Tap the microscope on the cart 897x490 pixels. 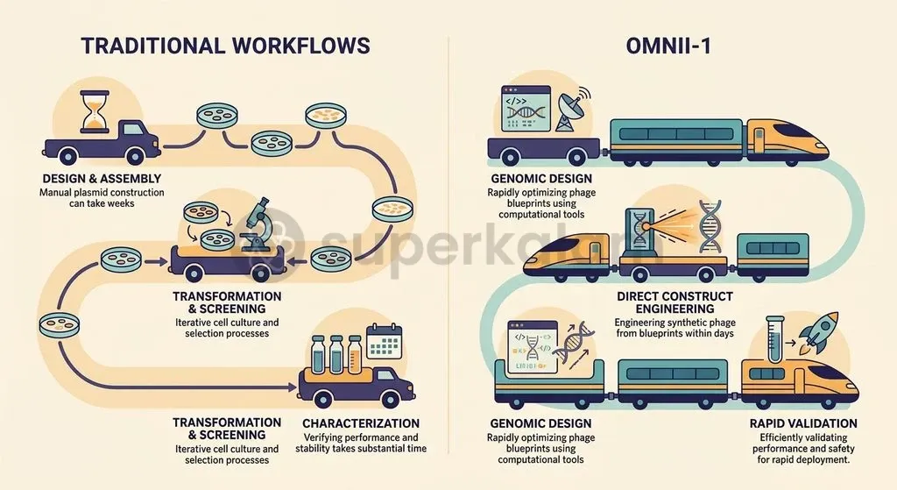256,225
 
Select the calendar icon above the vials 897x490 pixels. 384,342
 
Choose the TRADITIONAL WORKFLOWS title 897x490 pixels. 225,46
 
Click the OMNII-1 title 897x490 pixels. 668,46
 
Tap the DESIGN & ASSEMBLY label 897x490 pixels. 102,179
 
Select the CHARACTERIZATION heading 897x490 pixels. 361,423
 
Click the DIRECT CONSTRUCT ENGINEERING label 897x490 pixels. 675,302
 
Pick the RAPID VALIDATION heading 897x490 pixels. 803,423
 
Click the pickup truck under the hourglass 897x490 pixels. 102,141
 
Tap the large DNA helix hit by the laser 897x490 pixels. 710,226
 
